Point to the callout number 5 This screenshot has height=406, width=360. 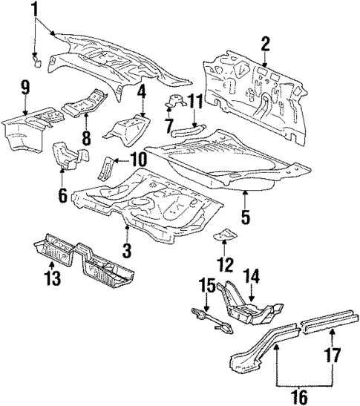[245, 220]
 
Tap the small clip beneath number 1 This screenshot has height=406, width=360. [35, 56]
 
